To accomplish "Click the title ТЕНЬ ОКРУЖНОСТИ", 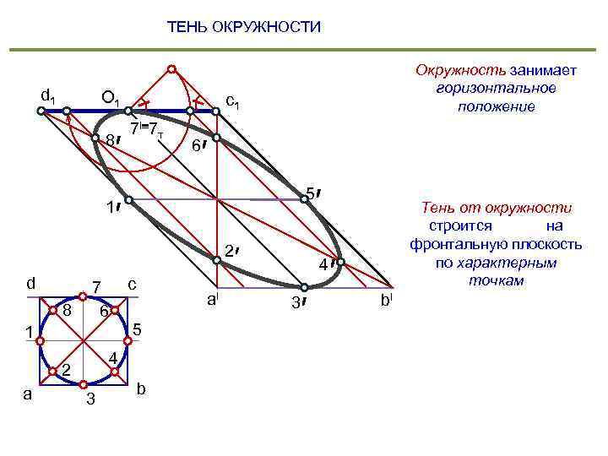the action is coord(244,27).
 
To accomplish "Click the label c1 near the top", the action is coord(235,101).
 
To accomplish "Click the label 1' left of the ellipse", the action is coord(109,208).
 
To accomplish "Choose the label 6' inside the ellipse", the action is coord(197,146).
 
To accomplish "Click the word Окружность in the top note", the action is coord(448,70).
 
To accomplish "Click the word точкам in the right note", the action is coord(497,280).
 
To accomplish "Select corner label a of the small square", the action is coord(27,393).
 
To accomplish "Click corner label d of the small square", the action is coord(30,283).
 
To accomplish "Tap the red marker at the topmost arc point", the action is coord(171,69).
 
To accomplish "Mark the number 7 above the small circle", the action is coord(96,288).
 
